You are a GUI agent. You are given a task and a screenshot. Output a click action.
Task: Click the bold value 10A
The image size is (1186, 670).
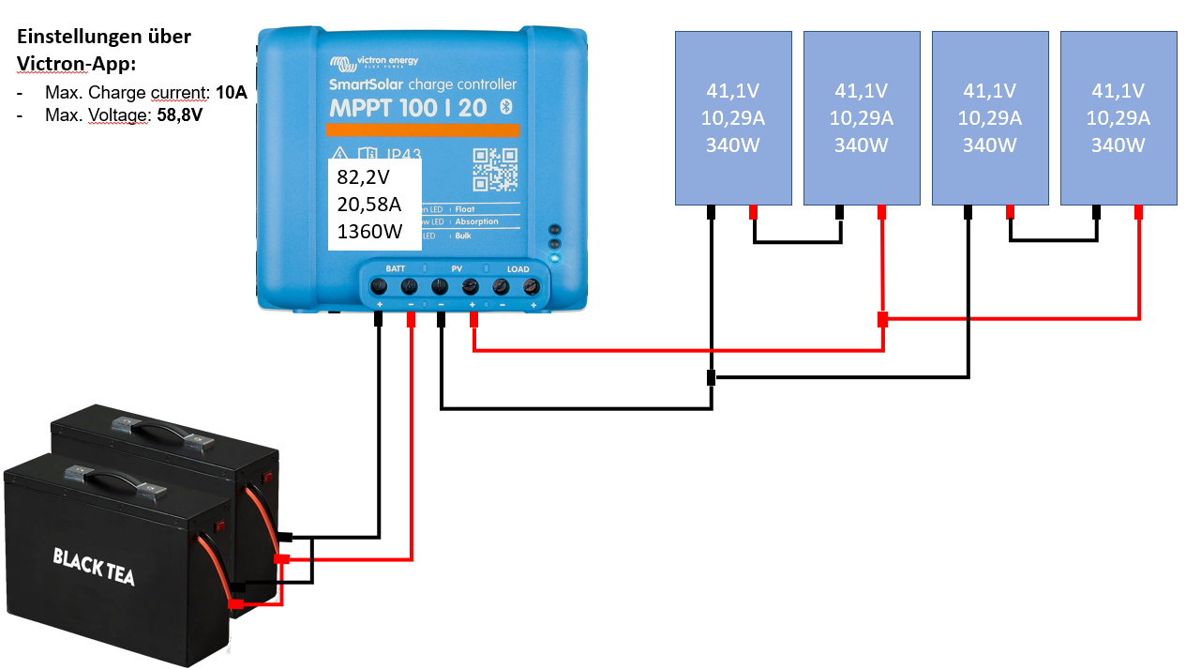[x=231, y=94]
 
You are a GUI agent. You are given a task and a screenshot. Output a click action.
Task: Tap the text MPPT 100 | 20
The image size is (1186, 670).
[x=407, y=108]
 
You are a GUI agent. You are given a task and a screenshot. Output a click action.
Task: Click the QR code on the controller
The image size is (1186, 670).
[x=495, y=170]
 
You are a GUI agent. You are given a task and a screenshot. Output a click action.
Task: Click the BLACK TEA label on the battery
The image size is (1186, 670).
[x=93, y=567]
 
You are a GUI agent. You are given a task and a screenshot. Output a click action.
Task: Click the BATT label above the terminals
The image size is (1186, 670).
[x=395, y=269]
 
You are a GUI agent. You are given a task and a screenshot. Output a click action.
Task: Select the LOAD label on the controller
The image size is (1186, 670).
[x=518, y=269]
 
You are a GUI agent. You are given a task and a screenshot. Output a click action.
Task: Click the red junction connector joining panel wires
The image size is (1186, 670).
[x=882, y=320]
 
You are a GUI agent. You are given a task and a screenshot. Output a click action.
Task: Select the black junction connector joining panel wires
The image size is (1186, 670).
[x=711, y=378]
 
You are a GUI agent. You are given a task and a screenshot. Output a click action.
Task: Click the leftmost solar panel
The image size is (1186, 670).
[x=733, y=117]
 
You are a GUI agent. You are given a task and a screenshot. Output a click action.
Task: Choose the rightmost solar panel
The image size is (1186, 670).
[x=1118, y=117]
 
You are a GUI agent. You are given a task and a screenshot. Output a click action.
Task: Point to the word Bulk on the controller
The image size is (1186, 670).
[x=464, y=236]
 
